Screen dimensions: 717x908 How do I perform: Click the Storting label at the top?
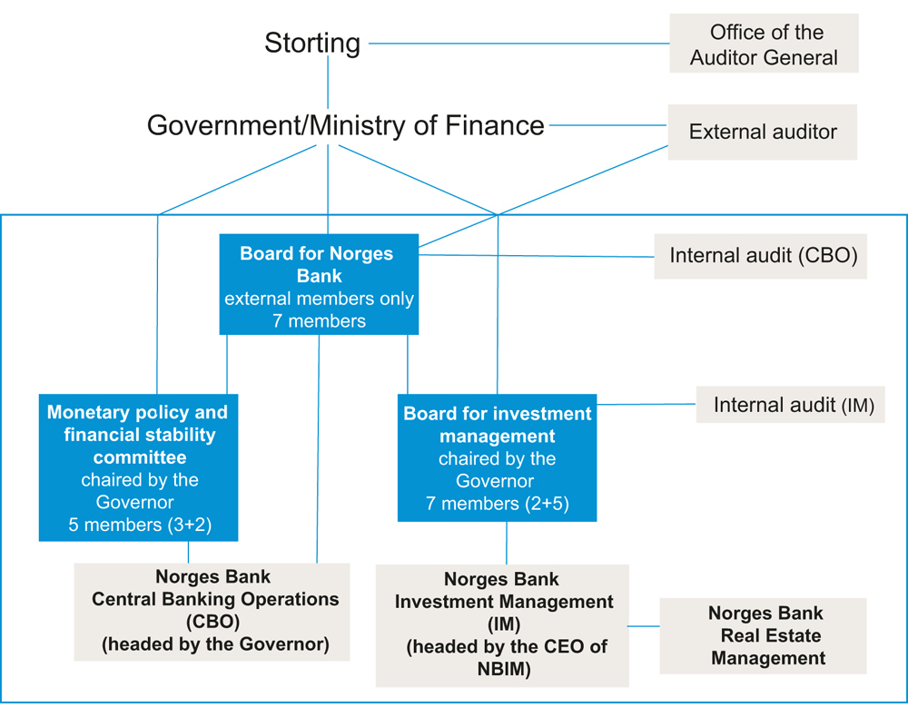pos(312,43)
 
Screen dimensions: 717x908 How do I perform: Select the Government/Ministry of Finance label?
pos(346,125)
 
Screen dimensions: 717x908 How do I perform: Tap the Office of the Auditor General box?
pos(764,44)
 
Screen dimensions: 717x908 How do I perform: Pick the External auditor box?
pos(763,133)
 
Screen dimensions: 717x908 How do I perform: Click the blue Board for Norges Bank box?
pos(318,285)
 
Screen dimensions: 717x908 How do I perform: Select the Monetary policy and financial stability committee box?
pos(138,467)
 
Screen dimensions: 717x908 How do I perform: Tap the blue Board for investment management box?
pos(497,457)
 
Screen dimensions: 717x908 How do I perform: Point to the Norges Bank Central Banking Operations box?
pos(212,611)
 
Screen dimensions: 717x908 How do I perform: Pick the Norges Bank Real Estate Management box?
pos(763,635)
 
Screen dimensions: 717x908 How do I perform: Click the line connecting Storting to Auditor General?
pos(518,43)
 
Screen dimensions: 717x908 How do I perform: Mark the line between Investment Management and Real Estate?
pos(644,626)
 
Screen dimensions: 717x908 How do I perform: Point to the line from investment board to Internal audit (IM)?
pos(646,404)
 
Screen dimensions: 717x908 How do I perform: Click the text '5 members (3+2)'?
pos(140,525)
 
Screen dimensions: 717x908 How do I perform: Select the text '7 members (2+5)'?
pos(498,504)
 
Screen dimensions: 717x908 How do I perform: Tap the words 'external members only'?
pos(319,299)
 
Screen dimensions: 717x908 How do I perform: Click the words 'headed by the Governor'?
pos(215,645)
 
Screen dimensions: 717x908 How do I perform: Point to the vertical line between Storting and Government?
pos(327,82)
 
